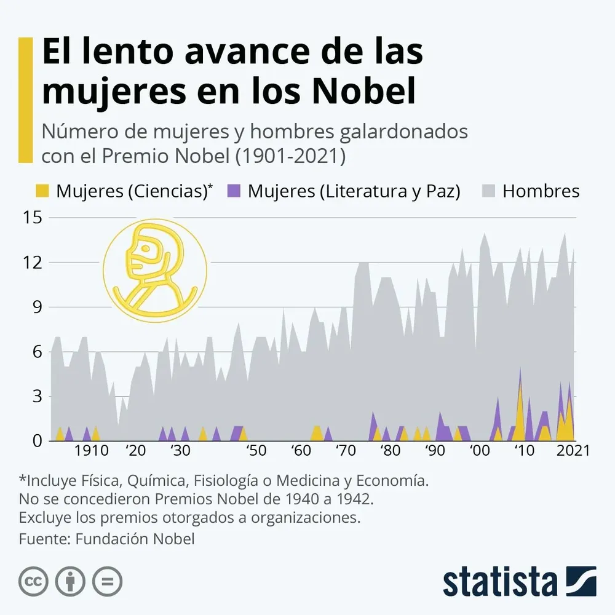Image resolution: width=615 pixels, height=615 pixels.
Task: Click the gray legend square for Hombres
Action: point(487,191)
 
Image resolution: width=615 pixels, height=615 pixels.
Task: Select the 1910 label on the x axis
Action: point(92,450)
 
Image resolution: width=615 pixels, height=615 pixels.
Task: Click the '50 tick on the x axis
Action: point(256,450)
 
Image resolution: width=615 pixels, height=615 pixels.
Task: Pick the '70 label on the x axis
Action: point(346,450)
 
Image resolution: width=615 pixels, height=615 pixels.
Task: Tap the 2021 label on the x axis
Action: point(573,450)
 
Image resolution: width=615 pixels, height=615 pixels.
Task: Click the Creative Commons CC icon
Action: point(34,581)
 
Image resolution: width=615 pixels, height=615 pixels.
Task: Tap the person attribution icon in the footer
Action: point(71,581)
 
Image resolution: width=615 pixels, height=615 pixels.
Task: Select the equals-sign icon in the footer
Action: point(108,581)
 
